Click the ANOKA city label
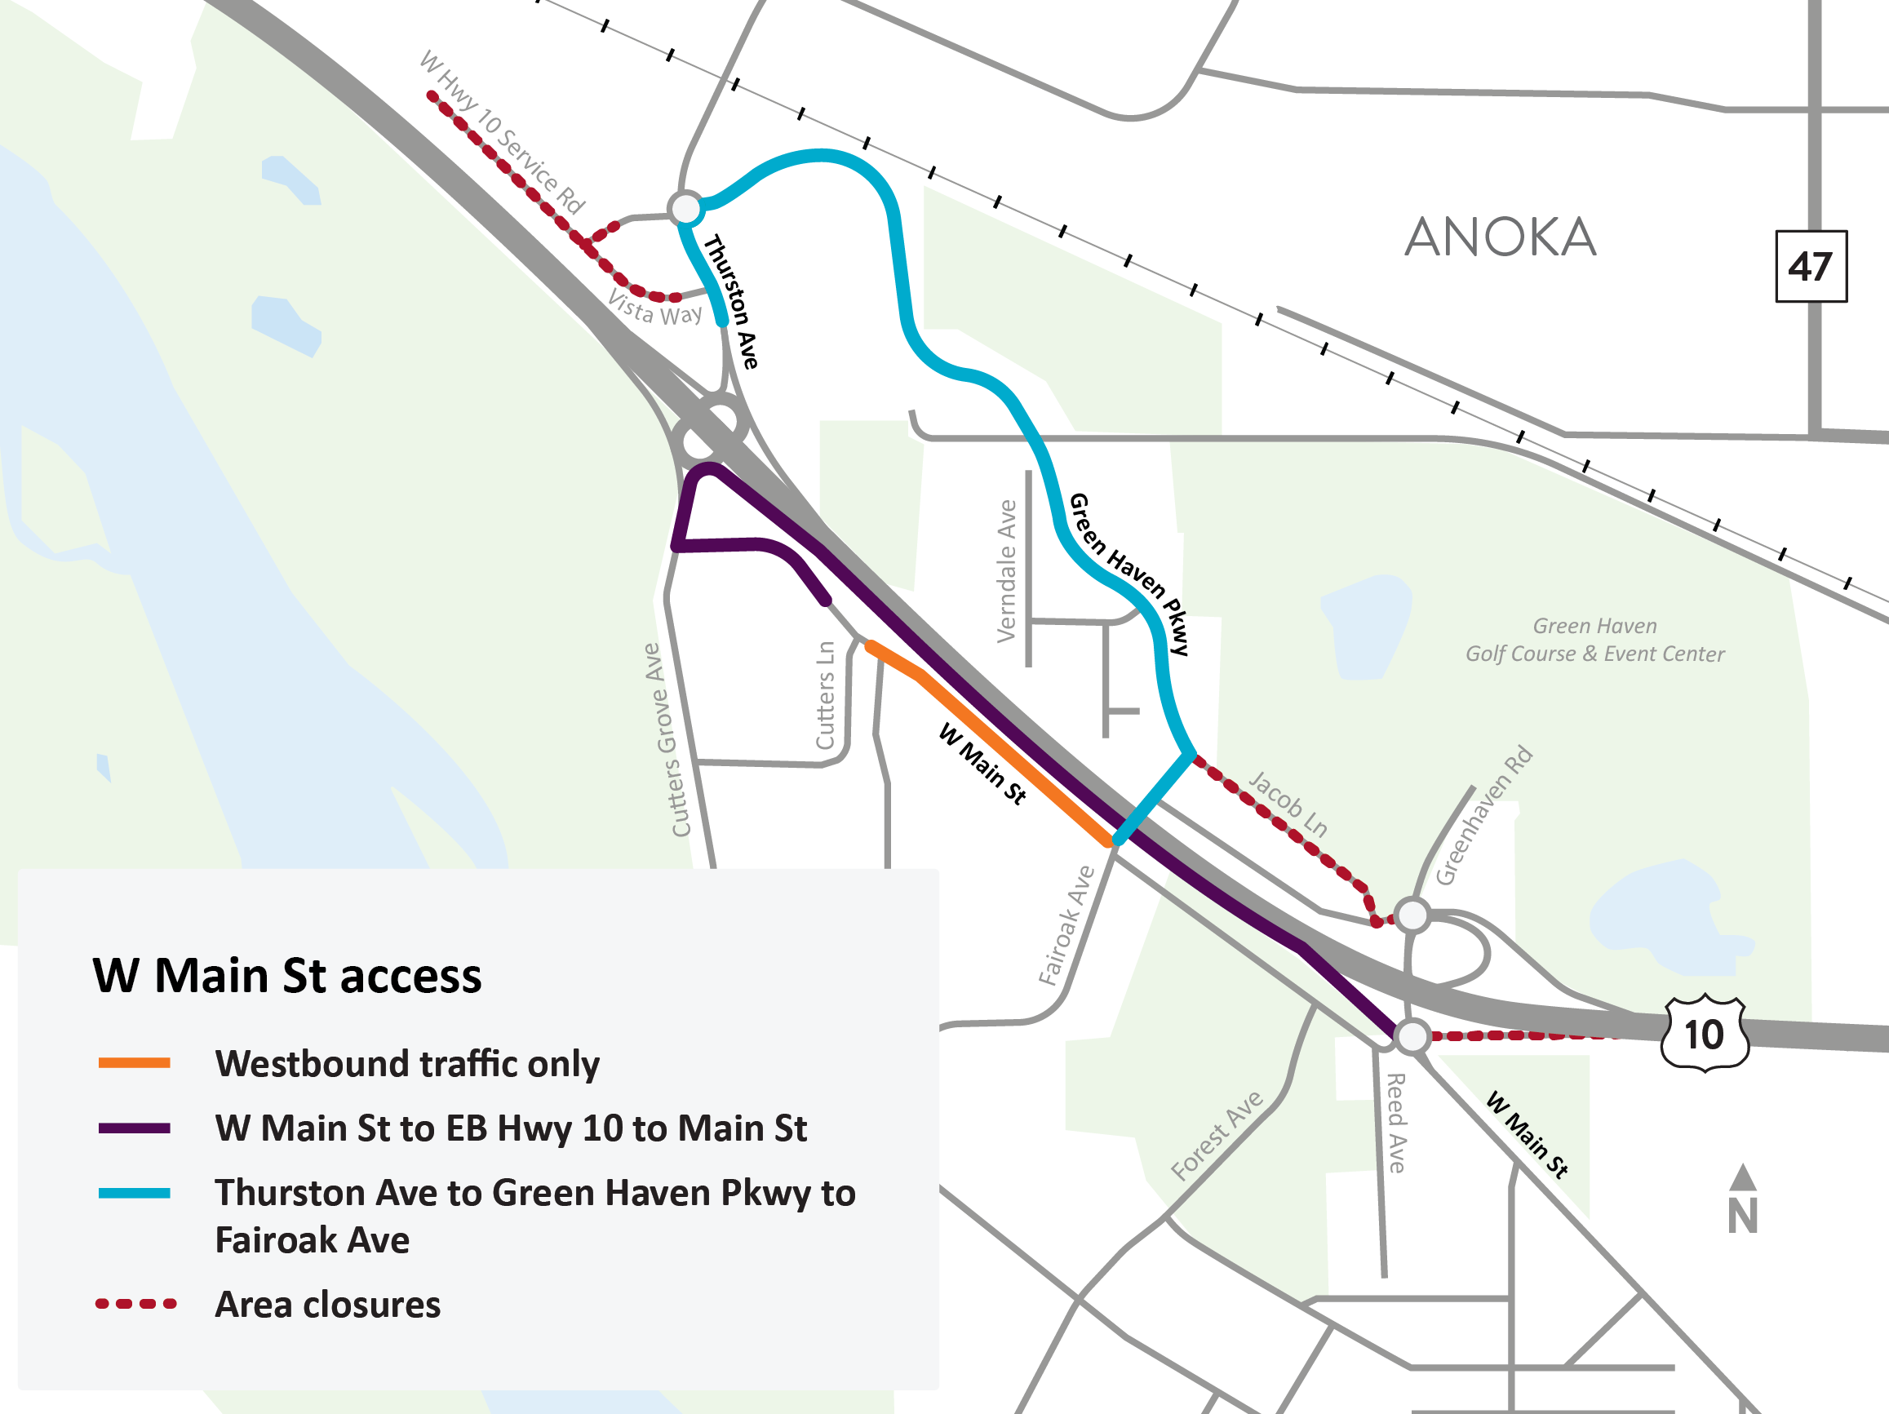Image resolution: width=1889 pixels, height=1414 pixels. (x=1501, y=237)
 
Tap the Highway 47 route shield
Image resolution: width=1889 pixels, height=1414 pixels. (x=1811, y=267)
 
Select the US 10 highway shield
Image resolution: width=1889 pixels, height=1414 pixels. (x=1705, y=1034)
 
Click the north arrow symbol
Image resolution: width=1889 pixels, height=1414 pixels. (x=1742, y=1199)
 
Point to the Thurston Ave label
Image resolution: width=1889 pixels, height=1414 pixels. (x=731, y=300)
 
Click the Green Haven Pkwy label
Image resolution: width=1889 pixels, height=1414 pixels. (x=1129, y=574)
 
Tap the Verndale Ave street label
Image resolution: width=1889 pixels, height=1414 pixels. (x=1007, y=571)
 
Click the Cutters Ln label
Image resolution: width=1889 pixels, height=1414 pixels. (x=825, y=695)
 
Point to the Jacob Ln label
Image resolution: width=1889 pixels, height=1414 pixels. (x=1288, y=803)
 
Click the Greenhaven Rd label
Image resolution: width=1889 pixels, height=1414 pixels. (x=1483, y=815)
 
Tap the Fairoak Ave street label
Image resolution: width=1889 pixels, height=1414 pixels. (x=1066, y=925)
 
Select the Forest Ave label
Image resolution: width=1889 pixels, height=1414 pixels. (x=1216, y=1136)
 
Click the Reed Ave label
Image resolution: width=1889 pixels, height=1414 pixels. (x=1395, y=1123)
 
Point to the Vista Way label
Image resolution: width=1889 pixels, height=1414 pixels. (x=655, y=308)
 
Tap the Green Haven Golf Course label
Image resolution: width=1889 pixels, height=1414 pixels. (x=1594, y=640)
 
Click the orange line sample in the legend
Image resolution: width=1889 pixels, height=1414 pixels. (x=134, y=1063)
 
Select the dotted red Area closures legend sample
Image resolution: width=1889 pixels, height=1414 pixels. (x=135, y=1304)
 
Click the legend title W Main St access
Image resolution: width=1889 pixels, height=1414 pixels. (x=287, y=975)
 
